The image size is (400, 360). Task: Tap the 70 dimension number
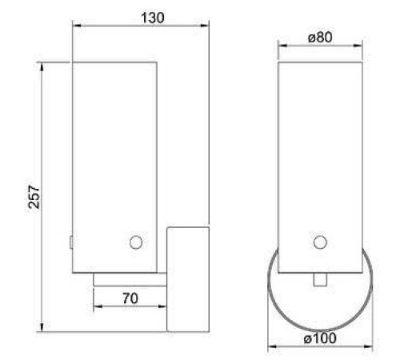pos(130,298)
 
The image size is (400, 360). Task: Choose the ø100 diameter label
pos(320,338)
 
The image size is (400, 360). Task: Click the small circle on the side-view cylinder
pos(136,242)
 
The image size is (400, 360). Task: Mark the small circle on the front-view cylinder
pos(321,242)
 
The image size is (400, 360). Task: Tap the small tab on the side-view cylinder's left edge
pos(71,241)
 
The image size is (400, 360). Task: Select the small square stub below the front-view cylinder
pos(321,280)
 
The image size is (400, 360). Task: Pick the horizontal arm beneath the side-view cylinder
pos(130,279)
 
